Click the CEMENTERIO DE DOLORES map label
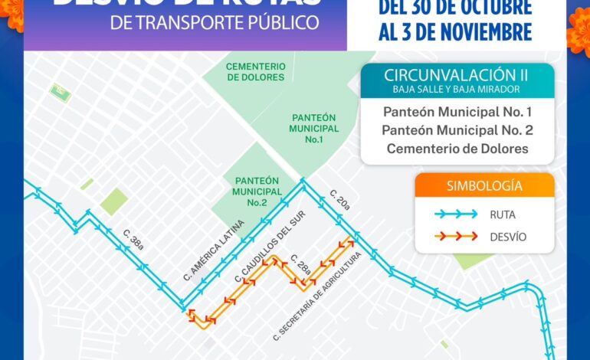(x=255, y=72)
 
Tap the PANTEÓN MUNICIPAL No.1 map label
(x=313, y=129)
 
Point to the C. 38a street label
(x=132, y=240)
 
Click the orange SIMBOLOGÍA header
(x=484, y=185)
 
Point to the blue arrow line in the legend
(x=452, y=214)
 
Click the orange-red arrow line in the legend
(x=452, y=237)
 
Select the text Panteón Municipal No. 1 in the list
(x=457, y=112)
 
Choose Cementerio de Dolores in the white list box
(x=457, y=149)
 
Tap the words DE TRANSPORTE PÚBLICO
(x=215, y=22)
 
